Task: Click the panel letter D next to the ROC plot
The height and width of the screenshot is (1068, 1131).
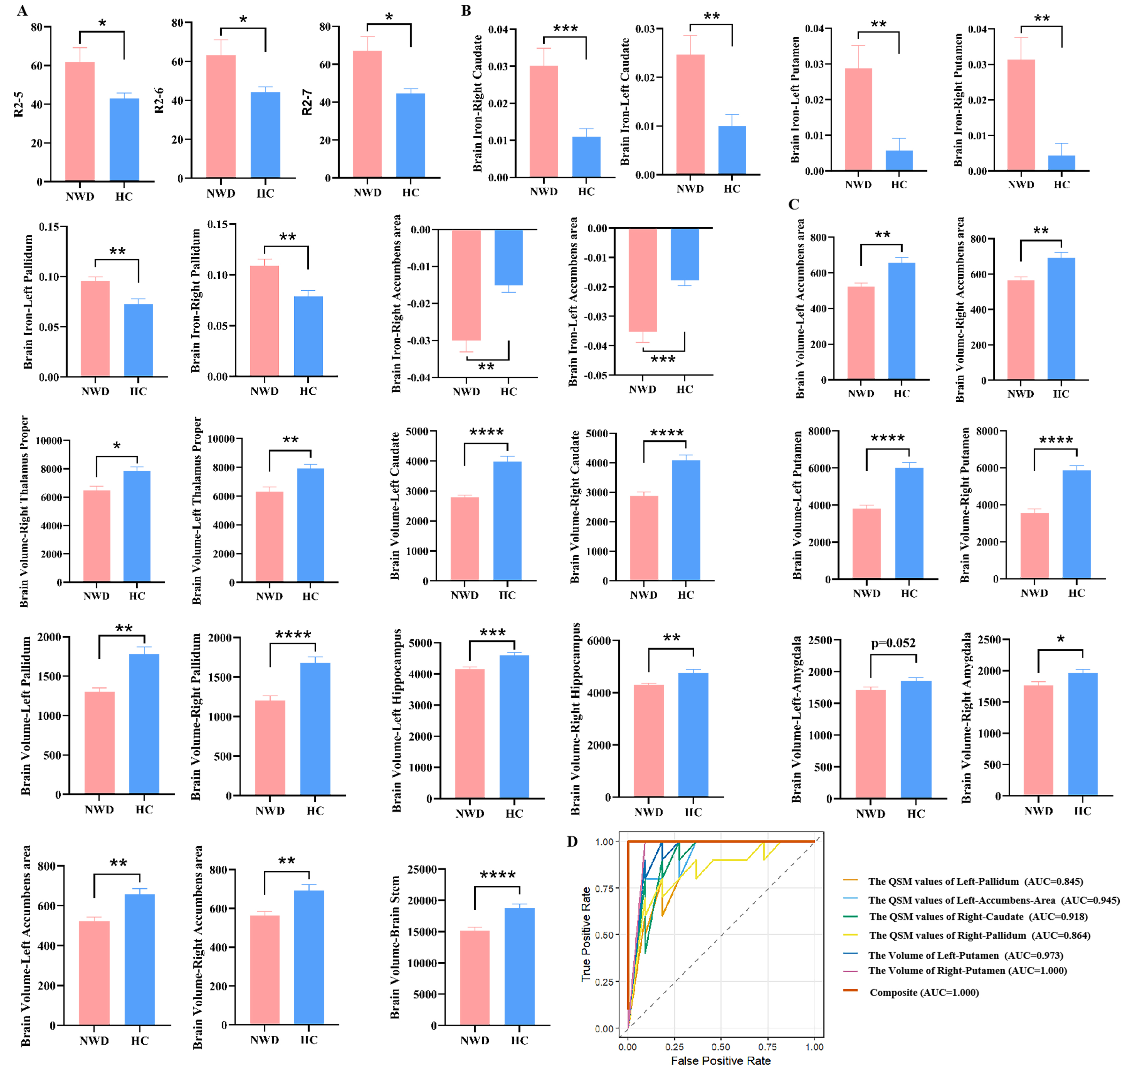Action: click(572, 841)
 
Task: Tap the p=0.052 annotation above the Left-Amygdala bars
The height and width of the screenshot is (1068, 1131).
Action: click(893, 643)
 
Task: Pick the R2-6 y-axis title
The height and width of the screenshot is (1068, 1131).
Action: click(159, 100)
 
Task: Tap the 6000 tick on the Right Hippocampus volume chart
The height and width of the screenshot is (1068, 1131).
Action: click(598, 641)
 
